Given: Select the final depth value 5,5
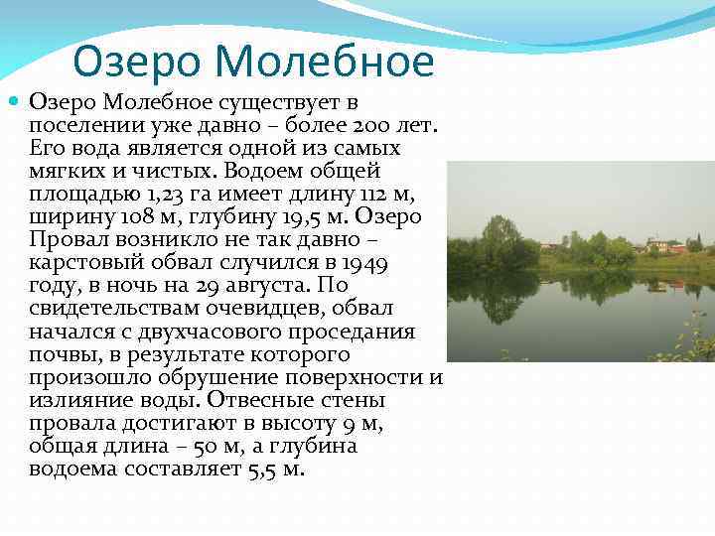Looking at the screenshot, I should (259, 469).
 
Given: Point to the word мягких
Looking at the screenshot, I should (71, 171).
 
